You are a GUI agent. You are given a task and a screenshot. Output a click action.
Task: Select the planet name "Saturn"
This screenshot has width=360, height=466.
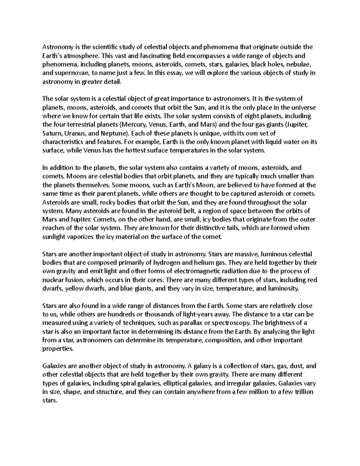(52, 133)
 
